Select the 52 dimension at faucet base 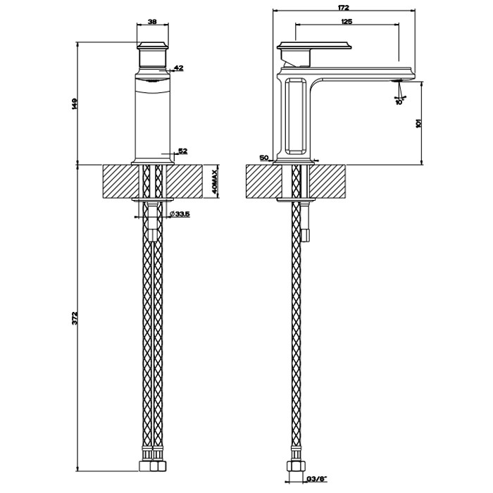coord(182,151)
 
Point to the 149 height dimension coord(74,104)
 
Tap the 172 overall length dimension coord(344,8)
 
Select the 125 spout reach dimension coord(347,23)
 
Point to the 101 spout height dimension coord(418,123)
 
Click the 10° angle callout coord(398,101)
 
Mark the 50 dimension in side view coord(263,158)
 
